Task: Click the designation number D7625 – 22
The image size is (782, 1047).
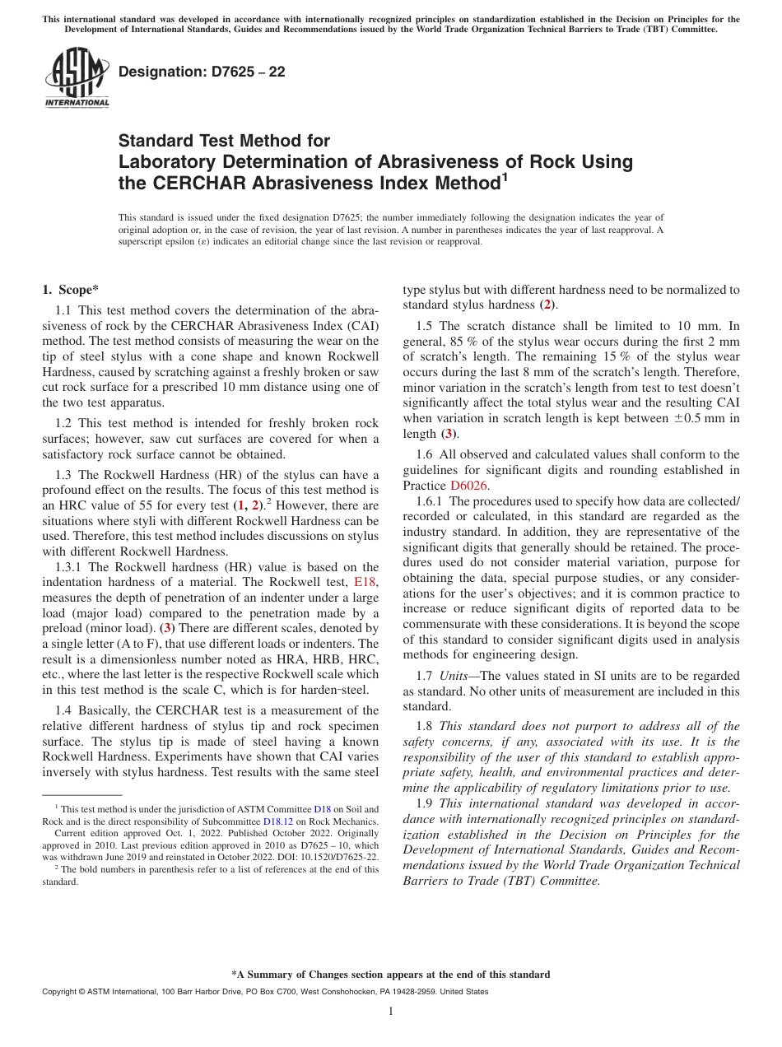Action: point(202,72)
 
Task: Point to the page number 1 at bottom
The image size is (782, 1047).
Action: point(390,1012)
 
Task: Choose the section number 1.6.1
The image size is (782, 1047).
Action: point(431,500)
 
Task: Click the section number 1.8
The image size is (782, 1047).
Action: point(426,725)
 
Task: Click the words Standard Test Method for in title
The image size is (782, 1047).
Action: point(224,141)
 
